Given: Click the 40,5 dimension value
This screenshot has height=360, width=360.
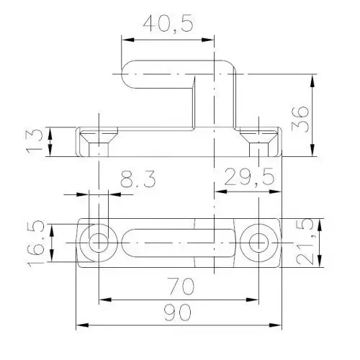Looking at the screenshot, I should (167, 24).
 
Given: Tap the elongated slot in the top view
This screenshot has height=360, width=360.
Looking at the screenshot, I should (176, 243).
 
